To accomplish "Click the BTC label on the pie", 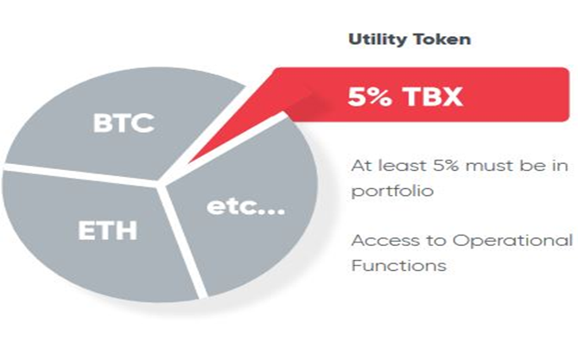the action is [x=124, y=123].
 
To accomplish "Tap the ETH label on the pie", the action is [x=108, y=231].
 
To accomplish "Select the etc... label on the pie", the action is [x=245, y=206].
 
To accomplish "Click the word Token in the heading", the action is [x=441, y=40].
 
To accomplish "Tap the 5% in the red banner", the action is [x=370, y=97].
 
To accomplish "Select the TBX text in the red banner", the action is [x=433, y=97].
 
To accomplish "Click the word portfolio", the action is [x=392, y=192].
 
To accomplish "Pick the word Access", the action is [x=385, y=241].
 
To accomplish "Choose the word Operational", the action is [x=512, y=241].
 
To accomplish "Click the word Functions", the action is [x=399, y=266].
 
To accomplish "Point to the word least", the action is [x=403, y=166].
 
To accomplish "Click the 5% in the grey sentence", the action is [x=446, y=166].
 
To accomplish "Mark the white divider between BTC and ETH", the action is [x=80, y=174].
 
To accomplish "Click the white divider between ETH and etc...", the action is [x=181, y=241].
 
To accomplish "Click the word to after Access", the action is [x=436, y=242].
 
